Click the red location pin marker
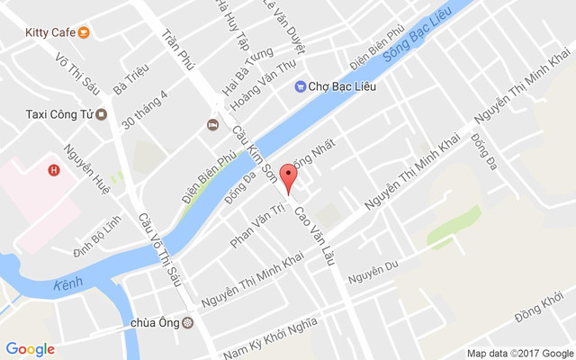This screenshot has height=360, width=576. coord(287,176)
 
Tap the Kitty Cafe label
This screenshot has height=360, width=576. coord(49,32)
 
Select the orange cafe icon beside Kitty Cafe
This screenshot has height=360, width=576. coord(84,32)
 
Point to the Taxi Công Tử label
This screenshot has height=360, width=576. coord(57,114)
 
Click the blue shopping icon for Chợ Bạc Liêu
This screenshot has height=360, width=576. coord(300,86)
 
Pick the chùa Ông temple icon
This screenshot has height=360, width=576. coord(187,323)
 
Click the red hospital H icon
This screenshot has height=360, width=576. coord(54,169)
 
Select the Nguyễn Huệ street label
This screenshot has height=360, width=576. coord(86,169)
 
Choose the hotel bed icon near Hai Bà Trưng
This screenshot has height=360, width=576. coord(213,124)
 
